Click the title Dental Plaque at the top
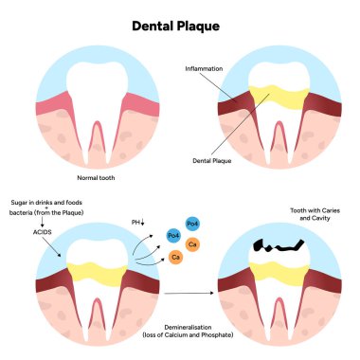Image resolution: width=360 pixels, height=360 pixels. pyautogui.click(x=179, y=27)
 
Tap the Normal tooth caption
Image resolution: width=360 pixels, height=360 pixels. pyautogui.click(x=94, y=176)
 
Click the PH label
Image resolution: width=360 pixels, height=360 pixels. pyautogui.click(x=135, y=222)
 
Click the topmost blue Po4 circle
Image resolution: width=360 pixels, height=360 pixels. pyautogui.click(x=192, y=223)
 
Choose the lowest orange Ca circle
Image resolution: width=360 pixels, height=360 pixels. pyautogui.click(x=175, y=257)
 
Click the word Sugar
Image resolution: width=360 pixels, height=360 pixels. pyautogui.click(x=24, y=203)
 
